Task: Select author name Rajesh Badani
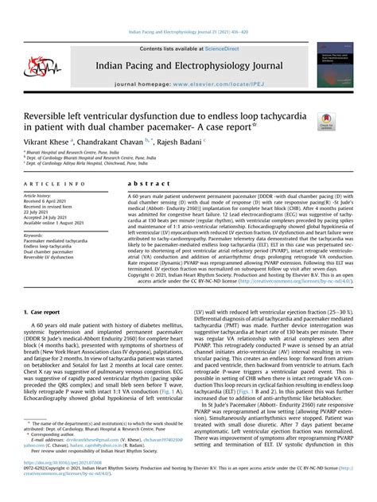point(223,141)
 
